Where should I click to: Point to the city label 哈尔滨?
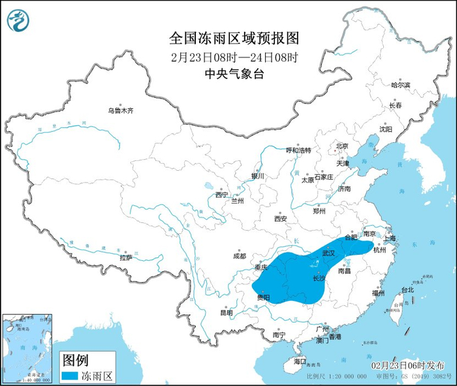coord(400,85)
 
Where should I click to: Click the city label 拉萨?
coord(126,258)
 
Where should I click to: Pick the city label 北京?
coord(342,146)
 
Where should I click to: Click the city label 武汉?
coord(328,252)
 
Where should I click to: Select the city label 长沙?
coord(319,278)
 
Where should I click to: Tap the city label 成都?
coord(240,256)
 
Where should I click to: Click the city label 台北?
coord(407,289)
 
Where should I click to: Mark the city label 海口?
coord(300,361)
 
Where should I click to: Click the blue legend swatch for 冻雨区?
coord(69,376)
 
